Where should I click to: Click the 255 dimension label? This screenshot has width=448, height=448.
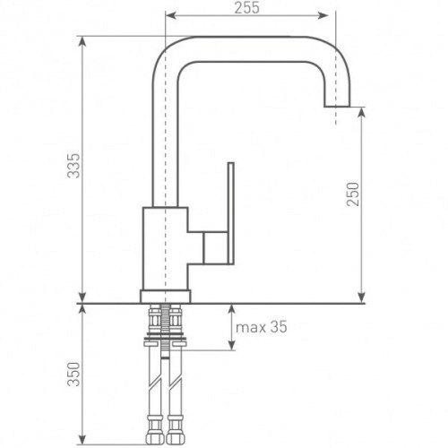[x=246, y=8]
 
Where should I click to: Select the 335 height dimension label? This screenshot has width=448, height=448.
[x=73, y=166]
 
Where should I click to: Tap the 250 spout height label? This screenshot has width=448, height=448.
[x=352, y=194]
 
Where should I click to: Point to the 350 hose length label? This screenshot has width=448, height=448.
[x=73, y=375]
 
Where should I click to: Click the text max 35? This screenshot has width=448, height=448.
[x=262, y=327]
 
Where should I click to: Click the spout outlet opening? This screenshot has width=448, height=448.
[x=337, y=106]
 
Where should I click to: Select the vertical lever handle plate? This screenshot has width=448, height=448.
[x=230, y=213]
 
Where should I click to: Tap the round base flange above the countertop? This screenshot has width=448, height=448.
[x=165, y=296]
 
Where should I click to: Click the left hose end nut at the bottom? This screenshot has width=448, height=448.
[x=154, y=438]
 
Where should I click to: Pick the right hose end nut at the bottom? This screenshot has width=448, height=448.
[x=175, y=438]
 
